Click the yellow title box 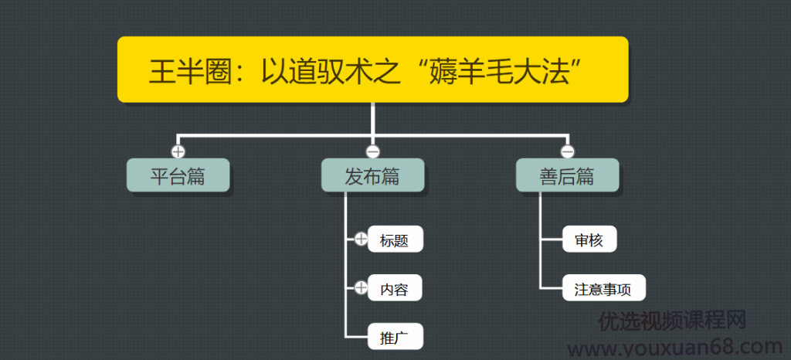pos(372,70)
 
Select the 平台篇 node pos(178,176)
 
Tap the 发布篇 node pos(372,176)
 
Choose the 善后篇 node pos(567,176)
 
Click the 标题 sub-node pos(395,239)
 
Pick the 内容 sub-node pos(395,289)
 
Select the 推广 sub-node pos(395,337)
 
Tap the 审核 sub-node pos(590,239)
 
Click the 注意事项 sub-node pos(603,289)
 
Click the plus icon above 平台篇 pos(178,151)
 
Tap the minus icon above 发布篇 pos(372,151)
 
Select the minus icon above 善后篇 pos(567,151)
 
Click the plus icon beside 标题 pos(361,239)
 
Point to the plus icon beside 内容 pos(361,288)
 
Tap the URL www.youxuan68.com pos(680,346)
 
